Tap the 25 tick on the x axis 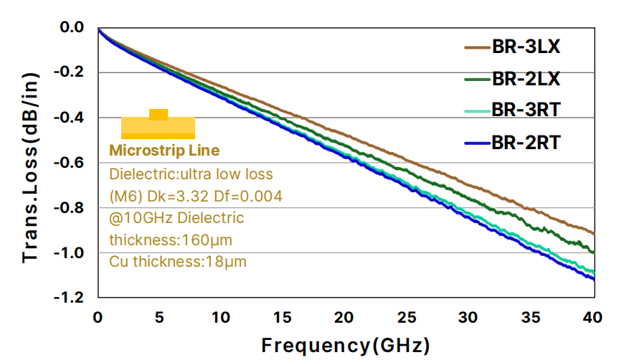coord(407,317)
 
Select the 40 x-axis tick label coord(592,317)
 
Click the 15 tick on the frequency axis coord(283,317)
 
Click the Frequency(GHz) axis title coord(345,345)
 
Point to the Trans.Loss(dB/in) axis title coord(31,161)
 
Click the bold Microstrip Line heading coord(164,151)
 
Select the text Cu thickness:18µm coord(178,261)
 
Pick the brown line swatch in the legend coord(477,49)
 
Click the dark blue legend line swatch coord(477,143)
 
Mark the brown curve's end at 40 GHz coord(593,233)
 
